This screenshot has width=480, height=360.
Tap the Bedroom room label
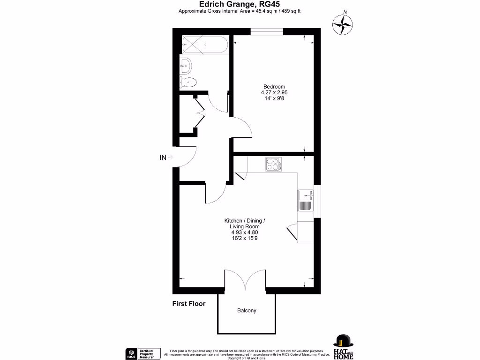(x=274, y=87)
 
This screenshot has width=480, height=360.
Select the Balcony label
(x=247, y=311)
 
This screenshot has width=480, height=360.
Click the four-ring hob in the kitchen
(x=273, y=164)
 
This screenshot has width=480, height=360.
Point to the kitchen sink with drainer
(x=305, y=200)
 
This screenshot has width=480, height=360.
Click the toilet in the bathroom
(x=188, y=83)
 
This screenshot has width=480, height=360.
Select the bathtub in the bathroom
(x=204, y=45)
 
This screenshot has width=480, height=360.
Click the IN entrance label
(x=163, y=158)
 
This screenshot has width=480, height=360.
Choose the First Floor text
(x=189, y=304)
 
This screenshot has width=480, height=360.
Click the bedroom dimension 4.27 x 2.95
(x=274, y=93)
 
